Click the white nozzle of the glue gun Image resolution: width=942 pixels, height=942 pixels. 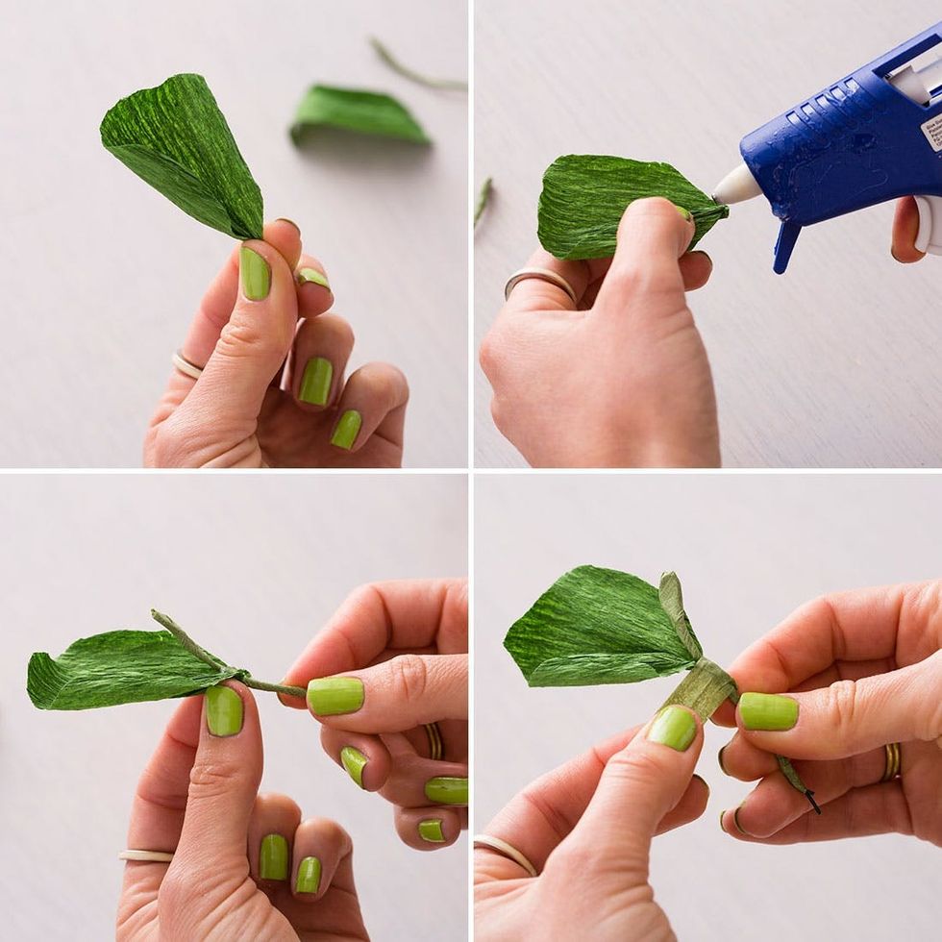[x=736, y=186]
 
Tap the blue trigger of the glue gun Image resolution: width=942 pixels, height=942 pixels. [x=786, y=246]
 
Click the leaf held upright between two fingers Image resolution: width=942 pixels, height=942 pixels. [x=183, y=154]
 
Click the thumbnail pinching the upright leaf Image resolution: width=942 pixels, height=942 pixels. [x=255, y=274]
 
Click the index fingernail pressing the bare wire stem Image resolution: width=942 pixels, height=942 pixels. [x=335, y=695]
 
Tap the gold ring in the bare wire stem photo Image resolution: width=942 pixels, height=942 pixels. [x=434, y=741]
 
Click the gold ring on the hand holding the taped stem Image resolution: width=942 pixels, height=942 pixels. [x=892, y=761]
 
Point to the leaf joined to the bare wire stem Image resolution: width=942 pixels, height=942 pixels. [x=125, y=668]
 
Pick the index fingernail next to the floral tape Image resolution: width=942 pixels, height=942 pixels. [x=768, y=711]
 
